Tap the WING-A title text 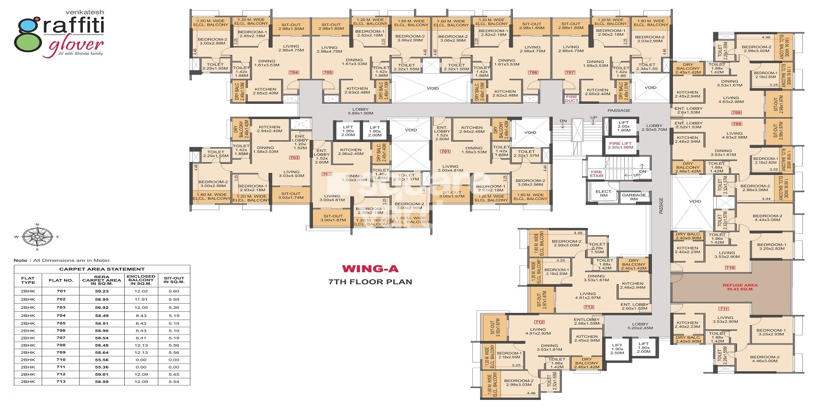click(370, 268)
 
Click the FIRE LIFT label click(620, 145)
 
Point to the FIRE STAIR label click(597, 174)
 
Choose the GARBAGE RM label click(633, 197)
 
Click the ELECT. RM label click(603, 194)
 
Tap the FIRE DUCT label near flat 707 click(571, 99)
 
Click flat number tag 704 click(293, 73)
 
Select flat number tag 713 click(588, 307)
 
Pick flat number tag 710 click(730, 267)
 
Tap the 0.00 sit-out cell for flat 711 click(174, 367)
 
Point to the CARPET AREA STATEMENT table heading click(102, 269)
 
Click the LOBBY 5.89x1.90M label click(360, 111)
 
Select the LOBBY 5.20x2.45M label click(640, 326)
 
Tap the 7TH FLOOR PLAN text click(370, 281)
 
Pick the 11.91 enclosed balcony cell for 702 click(141, 299)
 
